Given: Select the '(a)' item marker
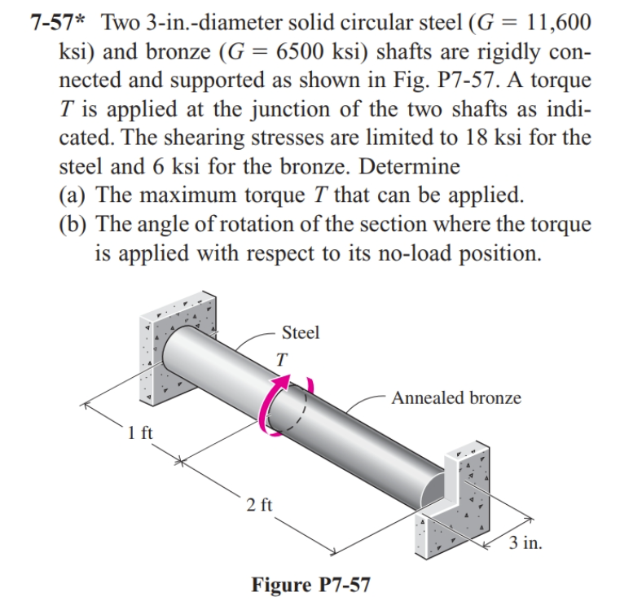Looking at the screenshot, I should [75, 195].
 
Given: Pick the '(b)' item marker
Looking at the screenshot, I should [75, 223].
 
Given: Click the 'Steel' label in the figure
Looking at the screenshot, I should [300, 332].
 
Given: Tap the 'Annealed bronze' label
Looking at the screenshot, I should [456, 397].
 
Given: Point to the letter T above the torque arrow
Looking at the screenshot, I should [281, 358].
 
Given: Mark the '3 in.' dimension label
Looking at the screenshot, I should [525, 542].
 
